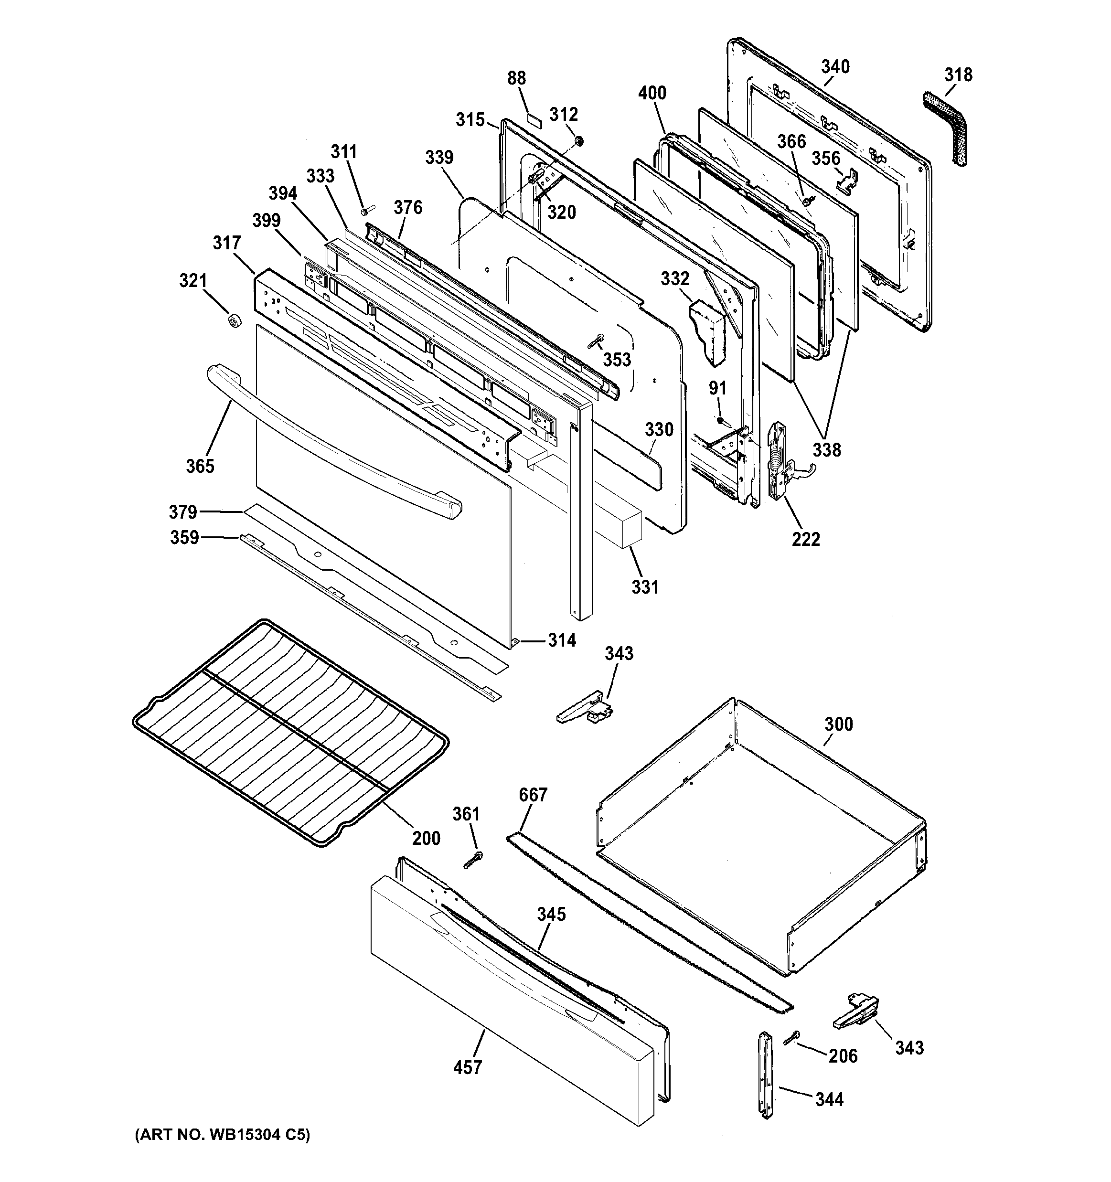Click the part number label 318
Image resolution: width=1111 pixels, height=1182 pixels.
click(x=958, y=75)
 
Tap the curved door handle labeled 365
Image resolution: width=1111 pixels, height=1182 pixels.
click(x=333, y=444)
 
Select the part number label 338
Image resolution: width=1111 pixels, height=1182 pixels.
click(x=827, y=449)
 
